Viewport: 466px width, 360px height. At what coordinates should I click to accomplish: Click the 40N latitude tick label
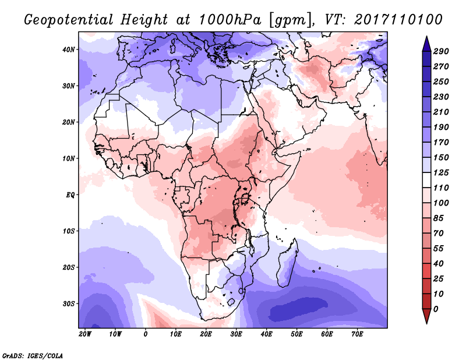click(x=68, y=50)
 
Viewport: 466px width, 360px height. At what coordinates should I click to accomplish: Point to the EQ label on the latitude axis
click(x=69, y=195)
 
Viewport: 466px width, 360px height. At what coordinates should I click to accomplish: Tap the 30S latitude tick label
click(x=68, y=303)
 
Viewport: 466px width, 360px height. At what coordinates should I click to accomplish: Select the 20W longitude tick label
click(x=85, y=334)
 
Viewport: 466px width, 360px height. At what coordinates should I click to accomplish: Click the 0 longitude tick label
click(x=146, y=334)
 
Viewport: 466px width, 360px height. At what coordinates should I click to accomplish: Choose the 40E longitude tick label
click(x=267, y=334)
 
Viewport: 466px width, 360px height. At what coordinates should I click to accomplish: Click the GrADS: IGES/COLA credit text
click(x=32, y=354)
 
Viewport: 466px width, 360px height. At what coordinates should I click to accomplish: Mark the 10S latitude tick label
click(x=68, y=231)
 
